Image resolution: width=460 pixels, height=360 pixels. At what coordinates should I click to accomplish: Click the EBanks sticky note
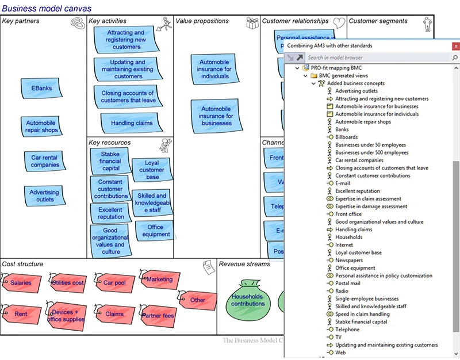pyautogui.click(x=42, y=89)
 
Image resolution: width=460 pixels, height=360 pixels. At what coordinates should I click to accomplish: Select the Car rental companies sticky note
pyautogui.click(x=45, y=161)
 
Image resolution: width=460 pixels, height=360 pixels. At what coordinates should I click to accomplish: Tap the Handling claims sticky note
pyautogui.click(x=132, y=123)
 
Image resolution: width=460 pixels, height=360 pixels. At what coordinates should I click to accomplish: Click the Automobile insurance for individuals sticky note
pyautogui.click(x=214, y=70)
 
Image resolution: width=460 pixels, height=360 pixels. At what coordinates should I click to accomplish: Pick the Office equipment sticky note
pyautogui.click(x=155, y=231)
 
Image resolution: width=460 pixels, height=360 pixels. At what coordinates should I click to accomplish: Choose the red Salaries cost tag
pyautogui.click(x=21, y=283)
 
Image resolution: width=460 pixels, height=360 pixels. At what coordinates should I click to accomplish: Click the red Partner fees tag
pyautogui.click(x=158, y=315)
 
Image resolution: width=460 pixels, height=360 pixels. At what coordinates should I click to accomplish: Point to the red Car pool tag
pyautogui.click(x=117, y=283)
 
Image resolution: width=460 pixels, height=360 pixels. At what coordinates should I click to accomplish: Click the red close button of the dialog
pyautogui.click(x=455, y=45)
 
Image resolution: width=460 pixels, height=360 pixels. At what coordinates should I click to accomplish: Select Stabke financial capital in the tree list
pyautogui.click(x=361, y=322)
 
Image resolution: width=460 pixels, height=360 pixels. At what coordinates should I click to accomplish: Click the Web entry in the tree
pyautogui.click(x=340, y=353)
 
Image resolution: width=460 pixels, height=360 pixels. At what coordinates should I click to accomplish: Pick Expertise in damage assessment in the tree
pyautogui.click(x=371, y=206)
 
